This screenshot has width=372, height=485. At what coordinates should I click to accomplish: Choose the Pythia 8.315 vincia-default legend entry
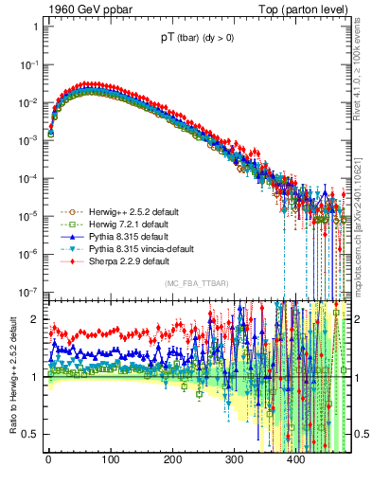(140, 248)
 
